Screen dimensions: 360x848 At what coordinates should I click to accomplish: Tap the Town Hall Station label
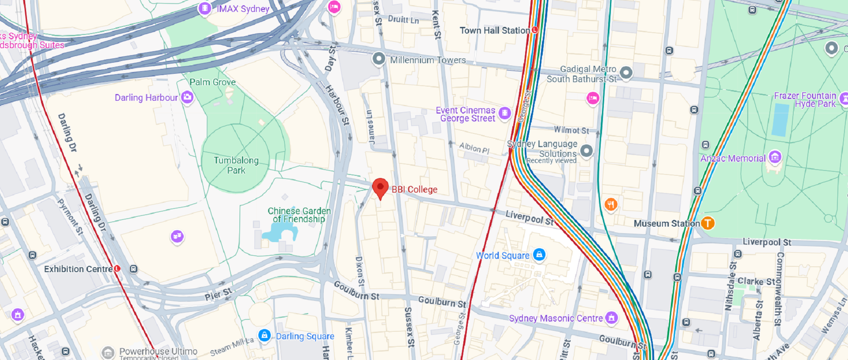494,30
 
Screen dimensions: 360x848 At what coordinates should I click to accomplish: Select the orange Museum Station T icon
708,223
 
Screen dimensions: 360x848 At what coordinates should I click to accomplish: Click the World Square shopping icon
539,254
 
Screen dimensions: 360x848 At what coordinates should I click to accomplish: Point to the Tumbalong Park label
236,165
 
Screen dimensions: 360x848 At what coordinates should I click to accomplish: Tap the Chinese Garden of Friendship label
299,215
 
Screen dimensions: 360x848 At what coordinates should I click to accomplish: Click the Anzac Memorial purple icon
775,157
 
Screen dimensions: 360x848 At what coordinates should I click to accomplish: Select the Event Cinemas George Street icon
504,113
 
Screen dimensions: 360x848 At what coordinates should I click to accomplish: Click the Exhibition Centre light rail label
78,269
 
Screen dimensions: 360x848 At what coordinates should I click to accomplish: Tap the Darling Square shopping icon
264,335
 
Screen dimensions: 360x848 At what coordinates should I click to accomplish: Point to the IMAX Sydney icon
204,8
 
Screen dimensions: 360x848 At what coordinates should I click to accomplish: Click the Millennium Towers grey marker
379,58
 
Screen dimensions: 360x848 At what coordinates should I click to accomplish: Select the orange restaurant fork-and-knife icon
611,204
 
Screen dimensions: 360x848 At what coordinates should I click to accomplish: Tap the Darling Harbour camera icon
187,97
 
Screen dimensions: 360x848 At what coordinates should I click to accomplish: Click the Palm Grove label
212,82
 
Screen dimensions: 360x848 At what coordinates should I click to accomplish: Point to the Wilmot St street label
571,130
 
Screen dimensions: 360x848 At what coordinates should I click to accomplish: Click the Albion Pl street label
474,148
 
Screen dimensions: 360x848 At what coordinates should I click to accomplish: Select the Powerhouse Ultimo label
158,351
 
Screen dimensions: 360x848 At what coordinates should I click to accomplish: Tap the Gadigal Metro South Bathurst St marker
626,72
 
